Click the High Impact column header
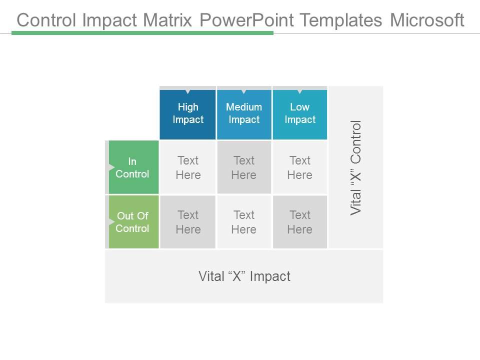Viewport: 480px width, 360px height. [x=188, y=113]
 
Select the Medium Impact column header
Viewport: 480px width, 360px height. [x=244, y=113]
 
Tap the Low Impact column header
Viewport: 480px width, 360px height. [x=300, y=113]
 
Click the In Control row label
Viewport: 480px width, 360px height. [x=133, y=167]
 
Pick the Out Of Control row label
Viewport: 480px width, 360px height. [x=133, y=222]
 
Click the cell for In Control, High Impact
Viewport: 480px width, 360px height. [x=188, y=167]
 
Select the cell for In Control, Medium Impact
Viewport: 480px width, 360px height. [x=244, y=167]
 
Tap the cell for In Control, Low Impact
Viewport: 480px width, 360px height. [x=300, y=167]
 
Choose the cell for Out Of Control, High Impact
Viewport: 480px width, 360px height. [x=188, y=222]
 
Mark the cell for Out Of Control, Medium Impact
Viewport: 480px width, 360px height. [x=244, y=222]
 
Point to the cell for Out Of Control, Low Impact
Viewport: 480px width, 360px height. [x=300, y=222]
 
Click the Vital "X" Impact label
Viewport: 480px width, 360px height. [x=244, y=276]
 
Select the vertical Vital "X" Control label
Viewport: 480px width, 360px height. [x=356, y=167]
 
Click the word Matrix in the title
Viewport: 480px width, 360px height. [x=168, y=20]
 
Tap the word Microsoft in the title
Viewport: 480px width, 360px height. [x=427, y=20]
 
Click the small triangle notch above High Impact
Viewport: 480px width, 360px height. [x=188, y=91]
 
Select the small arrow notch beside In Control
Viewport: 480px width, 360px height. [x=111, y=167]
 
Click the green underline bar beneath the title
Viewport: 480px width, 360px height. [x=142, y=33]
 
